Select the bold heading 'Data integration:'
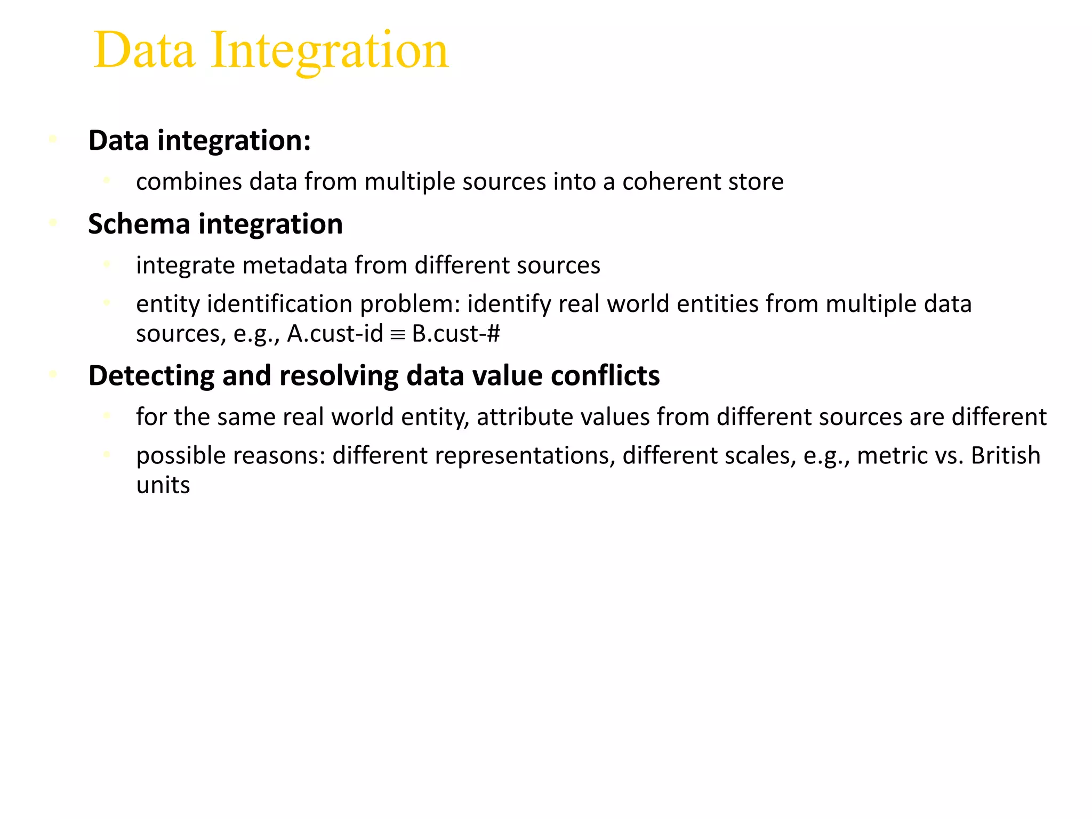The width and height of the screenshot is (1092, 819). [x=199, y=141]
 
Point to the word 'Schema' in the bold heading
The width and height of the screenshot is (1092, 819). [x=139, y=224]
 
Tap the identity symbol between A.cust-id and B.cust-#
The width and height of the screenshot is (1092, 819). [x=398, y=335]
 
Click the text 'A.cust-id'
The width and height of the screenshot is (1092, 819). [x=335, y=334]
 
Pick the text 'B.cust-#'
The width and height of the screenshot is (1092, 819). [x=456, y=334]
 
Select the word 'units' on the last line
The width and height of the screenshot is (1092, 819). [x=163, y=485]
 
